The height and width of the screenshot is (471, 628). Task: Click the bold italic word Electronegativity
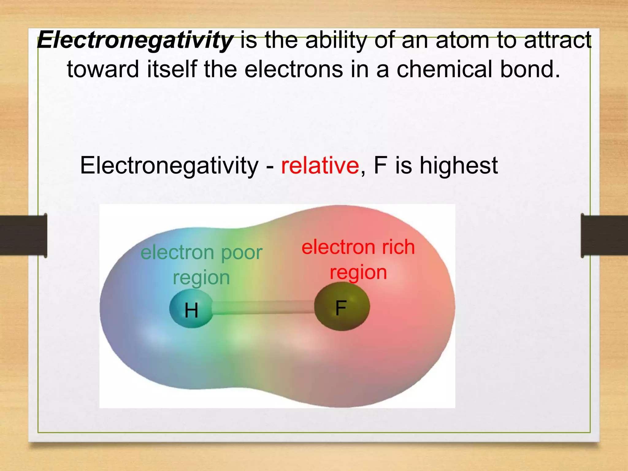point(135,41)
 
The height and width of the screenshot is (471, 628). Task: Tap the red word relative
point(320,166)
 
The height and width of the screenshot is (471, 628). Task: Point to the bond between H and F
point(263,308)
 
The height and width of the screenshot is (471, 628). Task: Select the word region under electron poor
point(201,278)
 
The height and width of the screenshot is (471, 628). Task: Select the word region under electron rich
point(358,273)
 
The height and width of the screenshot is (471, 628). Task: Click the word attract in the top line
point(558,40)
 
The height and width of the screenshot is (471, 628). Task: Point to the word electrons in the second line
point(293,69)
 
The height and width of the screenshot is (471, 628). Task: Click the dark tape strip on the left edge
point(23,235)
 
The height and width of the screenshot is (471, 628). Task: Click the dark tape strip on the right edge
point(604,235)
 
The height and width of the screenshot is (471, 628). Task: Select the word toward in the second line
point(103,69)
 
